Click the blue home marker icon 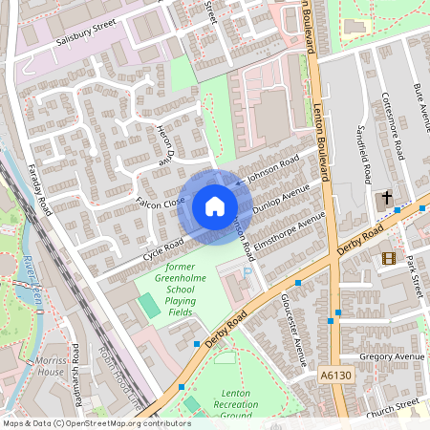pyautogui.click(x=214, y=206)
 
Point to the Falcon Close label pyautogui.click(x=161, y=203)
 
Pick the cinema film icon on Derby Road pyautogui.click(x=387, y=257)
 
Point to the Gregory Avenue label pyautogui.click(x=392, y=356)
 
